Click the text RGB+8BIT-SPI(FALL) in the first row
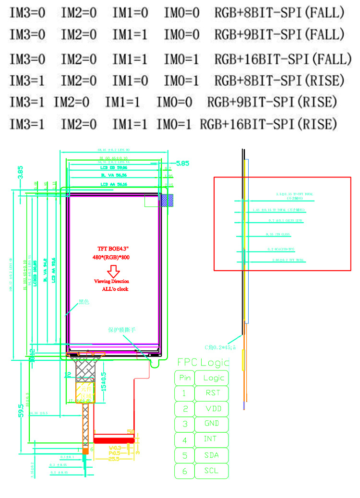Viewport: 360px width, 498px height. pos(279,13)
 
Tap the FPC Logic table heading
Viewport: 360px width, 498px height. pos(203,362)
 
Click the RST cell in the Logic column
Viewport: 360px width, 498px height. pos(212,393)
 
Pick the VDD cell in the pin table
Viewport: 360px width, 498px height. pos(212,408)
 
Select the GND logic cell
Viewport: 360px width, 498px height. pos(212,424)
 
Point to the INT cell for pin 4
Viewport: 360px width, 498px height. pos(211,439)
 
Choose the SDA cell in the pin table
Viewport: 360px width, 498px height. pos(212,455)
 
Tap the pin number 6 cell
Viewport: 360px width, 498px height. pos(185,471)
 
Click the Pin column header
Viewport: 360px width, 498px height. pos(185,378)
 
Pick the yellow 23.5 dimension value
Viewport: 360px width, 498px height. pos(114,459)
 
